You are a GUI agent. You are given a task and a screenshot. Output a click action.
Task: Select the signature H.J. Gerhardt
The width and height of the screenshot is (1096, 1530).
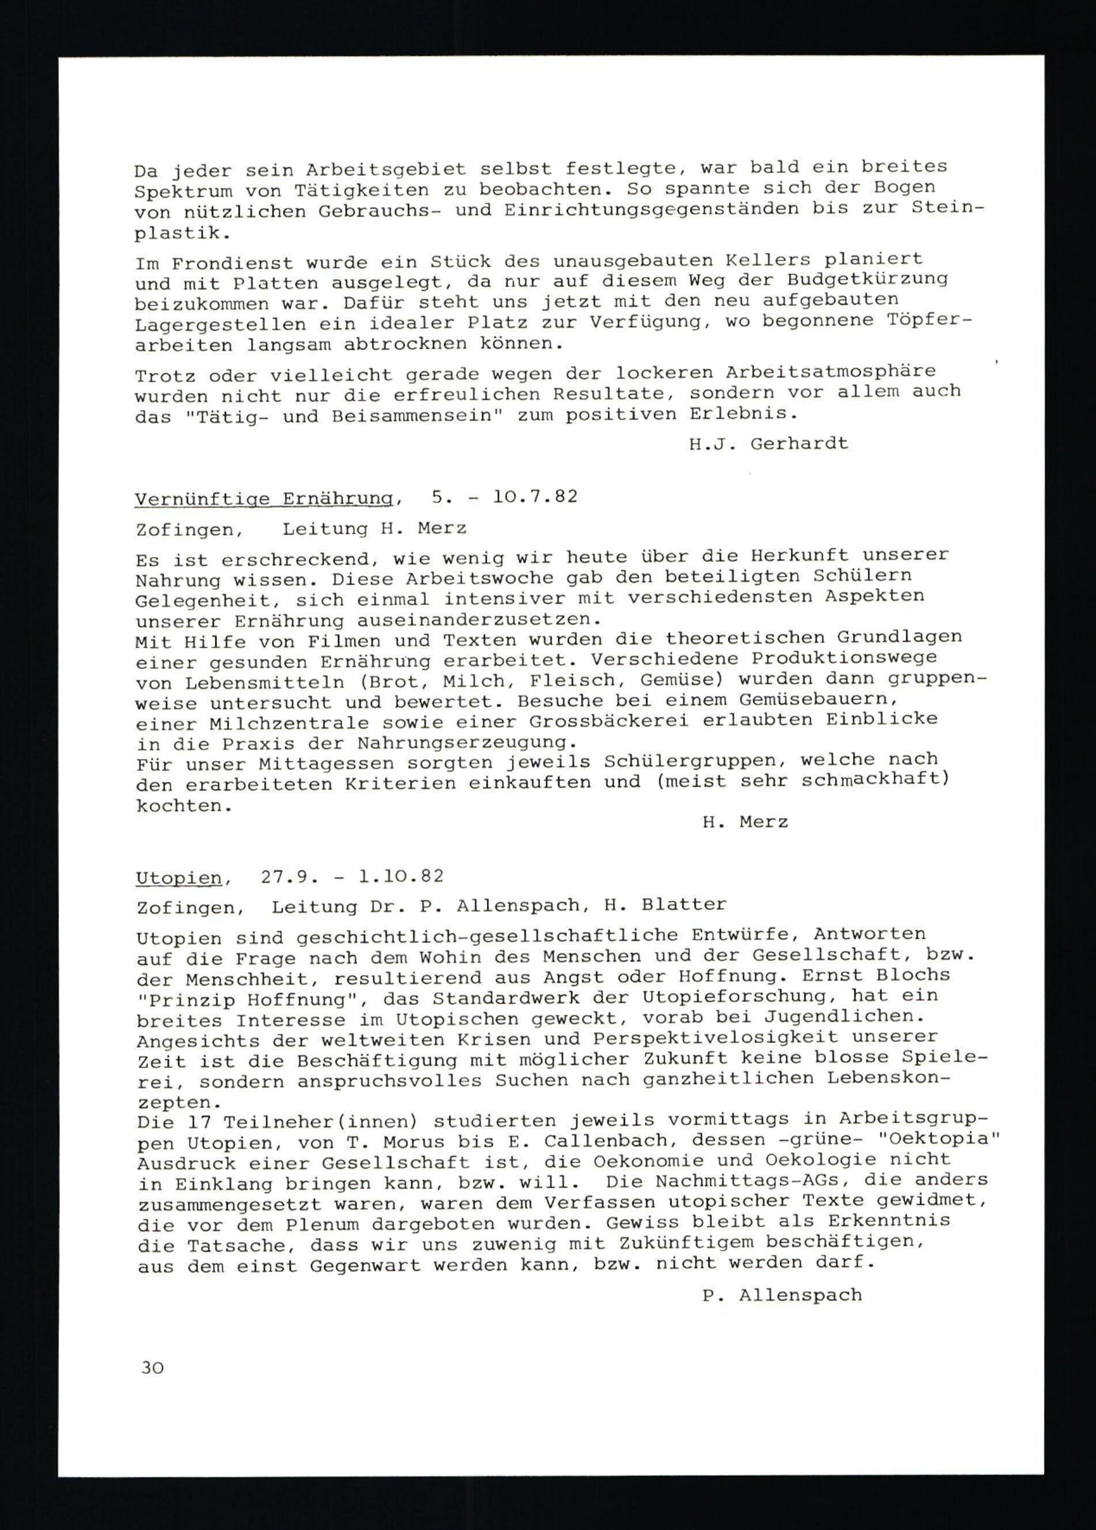tap(768, 444)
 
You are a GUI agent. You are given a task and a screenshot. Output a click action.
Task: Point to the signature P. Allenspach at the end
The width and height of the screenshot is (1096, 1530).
tap(781, 1295)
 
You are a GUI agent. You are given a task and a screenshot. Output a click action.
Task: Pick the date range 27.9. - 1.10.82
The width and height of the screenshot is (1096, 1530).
tap(351, 877)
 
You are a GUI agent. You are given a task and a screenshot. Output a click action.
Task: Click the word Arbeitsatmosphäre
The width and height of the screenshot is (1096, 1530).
tap(830, 371)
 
